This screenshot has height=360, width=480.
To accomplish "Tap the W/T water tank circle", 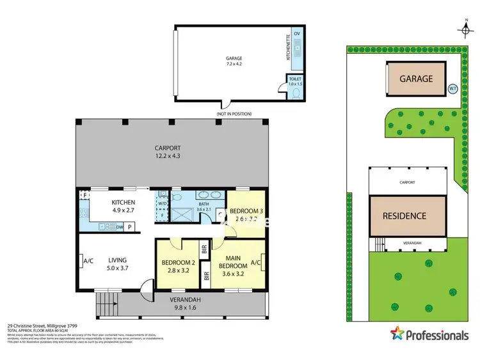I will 452,89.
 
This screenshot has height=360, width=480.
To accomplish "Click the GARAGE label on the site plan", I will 416,79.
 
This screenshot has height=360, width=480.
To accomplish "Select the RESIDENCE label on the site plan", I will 404,215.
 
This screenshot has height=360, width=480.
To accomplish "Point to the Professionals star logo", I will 397,334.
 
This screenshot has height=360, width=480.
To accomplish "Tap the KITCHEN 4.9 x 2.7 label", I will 106,207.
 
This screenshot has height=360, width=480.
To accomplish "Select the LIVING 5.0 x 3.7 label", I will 117,264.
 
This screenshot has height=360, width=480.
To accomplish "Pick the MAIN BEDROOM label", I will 233,262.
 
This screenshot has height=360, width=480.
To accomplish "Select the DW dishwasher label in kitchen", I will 120,226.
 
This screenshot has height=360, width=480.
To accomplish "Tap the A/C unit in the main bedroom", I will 255,262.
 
